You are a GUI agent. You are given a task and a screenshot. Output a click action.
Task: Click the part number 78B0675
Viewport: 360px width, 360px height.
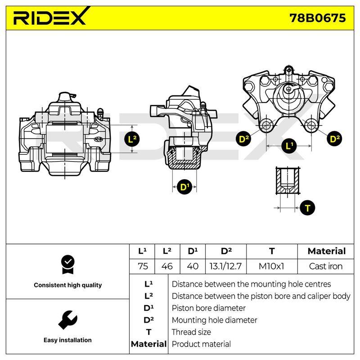tap(318, 18)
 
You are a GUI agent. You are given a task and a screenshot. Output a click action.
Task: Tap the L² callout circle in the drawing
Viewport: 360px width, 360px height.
tap(132, 139)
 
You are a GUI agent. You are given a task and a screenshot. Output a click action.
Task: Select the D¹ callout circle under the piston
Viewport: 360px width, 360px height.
tap(184, 187)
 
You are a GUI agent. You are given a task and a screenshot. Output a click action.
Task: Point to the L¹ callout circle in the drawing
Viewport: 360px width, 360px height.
tap(289, 145)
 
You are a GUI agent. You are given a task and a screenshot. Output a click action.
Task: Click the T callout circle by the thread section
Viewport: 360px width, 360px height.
tap(307, 208)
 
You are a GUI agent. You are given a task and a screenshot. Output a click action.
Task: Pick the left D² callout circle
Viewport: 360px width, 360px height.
tap(243, 139)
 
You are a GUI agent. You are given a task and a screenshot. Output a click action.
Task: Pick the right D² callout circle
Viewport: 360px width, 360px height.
tap(334, 139)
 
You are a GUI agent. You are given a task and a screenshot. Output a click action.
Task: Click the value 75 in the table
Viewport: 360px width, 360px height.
tap(143, 266)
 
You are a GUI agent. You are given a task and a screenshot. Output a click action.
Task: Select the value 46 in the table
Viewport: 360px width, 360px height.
tap(167, 266)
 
